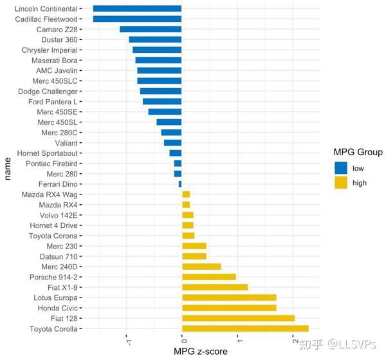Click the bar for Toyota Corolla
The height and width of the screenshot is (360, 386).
point(245,328)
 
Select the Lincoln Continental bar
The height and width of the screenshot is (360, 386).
point(137,9)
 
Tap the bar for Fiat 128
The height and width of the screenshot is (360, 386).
point(238,318)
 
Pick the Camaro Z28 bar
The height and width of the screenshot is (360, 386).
point(151,30)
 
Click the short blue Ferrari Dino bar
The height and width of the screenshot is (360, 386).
point(180,184)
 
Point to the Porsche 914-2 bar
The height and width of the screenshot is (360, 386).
point(209,277)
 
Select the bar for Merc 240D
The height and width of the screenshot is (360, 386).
point(201,267)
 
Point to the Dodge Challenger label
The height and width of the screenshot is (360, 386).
point(48,91)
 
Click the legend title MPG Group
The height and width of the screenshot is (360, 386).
point(358,153)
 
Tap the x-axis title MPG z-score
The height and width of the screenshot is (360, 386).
point(200,352)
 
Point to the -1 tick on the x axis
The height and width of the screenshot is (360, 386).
point(127,340)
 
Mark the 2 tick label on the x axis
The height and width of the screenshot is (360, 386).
point(293,340)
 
